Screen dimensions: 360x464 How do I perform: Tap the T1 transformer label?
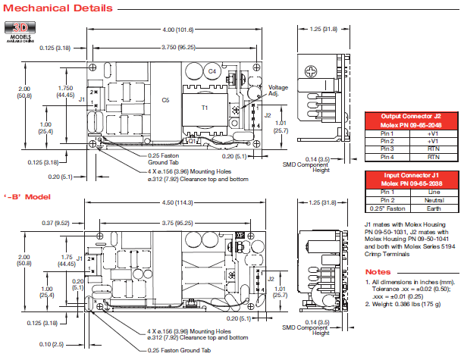point(204,108)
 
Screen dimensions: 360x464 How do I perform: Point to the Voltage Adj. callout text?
point(278,90)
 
